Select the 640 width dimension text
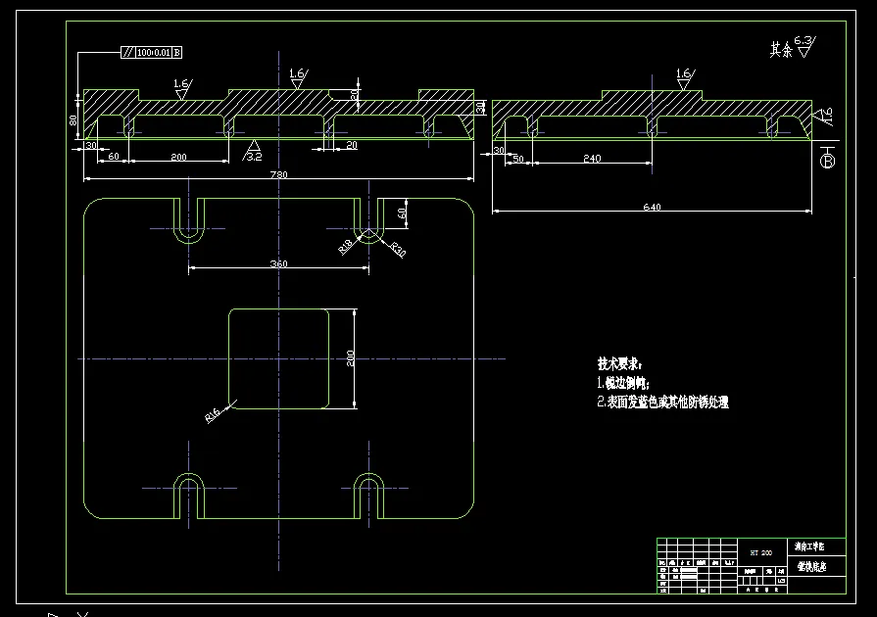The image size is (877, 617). point(653,207)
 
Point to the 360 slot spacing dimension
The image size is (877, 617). point(279,263)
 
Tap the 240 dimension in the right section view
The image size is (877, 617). point(592,157)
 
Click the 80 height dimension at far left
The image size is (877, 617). point(73,119)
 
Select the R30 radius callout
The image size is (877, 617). point(397,249)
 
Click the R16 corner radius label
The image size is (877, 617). point(213,416)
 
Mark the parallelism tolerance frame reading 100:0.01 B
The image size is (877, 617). point(152,52)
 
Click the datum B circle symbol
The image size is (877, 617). point(827,161)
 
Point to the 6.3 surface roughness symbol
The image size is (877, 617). point(804,43)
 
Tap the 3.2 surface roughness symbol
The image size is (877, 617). point(253,152)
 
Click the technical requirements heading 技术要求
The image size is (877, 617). point(620,364)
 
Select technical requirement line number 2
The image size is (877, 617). point(662,402)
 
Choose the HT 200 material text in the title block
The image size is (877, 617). point(760,552)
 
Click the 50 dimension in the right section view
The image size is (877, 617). point(517,157)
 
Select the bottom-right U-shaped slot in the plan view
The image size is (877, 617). point(369,494)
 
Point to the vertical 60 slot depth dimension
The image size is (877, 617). point(402,212)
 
